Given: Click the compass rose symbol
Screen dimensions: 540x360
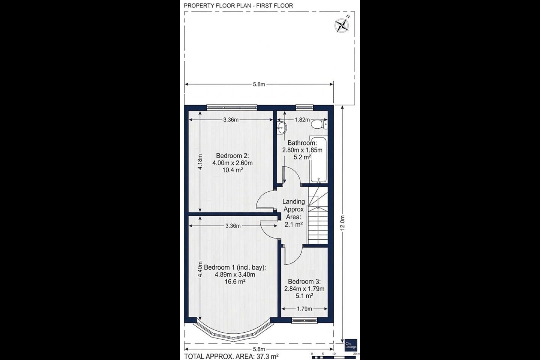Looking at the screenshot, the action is point(342,25).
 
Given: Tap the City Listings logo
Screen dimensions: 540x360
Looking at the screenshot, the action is point(351,345).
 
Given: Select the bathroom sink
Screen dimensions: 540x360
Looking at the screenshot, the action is point(282,127).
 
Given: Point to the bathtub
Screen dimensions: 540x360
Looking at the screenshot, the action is point(318,159).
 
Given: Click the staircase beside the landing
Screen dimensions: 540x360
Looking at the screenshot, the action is point(318,216).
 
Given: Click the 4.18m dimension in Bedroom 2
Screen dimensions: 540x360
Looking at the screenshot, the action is point(200,162).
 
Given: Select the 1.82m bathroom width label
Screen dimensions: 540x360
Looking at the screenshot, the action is point(302,120).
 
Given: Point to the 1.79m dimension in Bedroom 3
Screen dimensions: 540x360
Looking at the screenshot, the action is point(304,309).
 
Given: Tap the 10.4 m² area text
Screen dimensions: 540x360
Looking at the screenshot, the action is point(232,170).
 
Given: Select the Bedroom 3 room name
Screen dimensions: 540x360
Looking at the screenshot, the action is point(304,281).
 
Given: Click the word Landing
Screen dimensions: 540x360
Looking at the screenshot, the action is point(294,202).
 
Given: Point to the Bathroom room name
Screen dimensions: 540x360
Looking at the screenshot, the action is point(302,143).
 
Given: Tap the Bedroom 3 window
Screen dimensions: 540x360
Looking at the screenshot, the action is point(304,320).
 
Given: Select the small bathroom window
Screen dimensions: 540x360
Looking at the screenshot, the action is point(304,107).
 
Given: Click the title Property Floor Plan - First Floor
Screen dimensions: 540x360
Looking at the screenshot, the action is point(238,6).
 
